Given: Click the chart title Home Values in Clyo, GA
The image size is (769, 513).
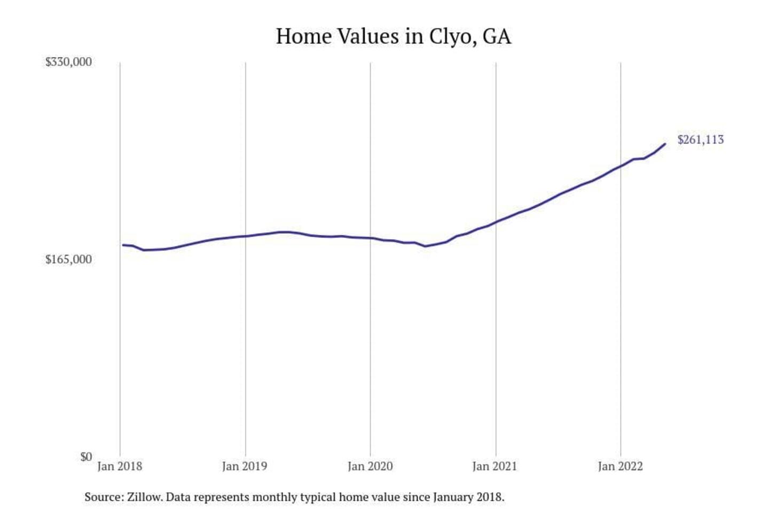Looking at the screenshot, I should coord(394,36).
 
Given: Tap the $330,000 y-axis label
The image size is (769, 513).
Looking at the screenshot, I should coord(68,62).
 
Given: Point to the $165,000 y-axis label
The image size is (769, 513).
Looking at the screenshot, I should coord(68,260).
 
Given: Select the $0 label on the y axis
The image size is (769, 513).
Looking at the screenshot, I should coord(86,457).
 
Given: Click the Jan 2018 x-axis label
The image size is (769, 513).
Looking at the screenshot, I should coord(120,467).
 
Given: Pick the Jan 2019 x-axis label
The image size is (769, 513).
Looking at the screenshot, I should coord(245,467).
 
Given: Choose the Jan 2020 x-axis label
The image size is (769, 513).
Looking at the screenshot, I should coord(370,467).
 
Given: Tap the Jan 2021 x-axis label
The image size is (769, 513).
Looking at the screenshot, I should coord(495,467).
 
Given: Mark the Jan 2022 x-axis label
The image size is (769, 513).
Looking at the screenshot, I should coord(620,467).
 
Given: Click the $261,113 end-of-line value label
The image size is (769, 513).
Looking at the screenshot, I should coord(701,140).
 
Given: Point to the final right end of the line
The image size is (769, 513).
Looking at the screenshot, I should coord(665,144).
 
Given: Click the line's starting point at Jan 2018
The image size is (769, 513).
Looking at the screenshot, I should coord(123,245).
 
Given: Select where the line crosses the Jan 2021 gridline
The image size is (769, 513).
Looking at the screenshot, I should coord(496,222).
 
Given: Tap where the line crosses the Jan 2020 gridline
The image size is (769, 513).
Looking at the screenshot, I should coord(371,238).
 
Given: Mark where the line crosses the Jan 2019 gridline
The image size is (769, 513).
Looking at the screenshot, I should coord(246,236).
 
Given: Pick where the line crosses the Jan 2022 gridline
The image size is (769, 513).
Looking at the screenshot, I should coord(621,166).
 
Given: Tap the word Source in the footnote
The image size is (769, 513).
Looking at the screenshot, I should coord(104,497).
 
